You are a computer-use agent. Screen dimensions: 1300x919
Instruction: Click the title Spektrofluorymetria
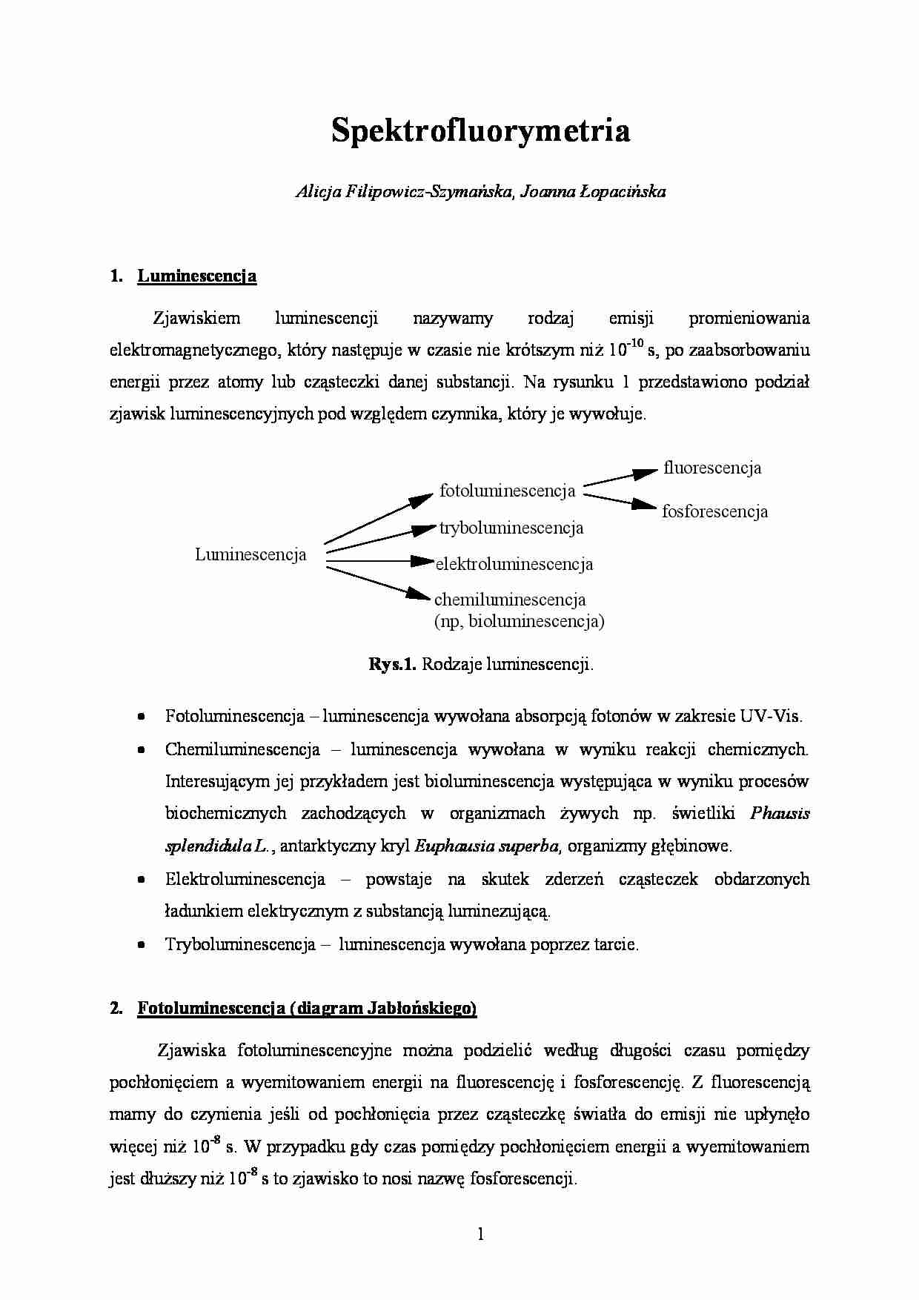[480, 130]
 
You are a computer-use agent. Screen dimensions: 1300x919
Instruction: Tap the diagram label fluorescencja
[712, 468]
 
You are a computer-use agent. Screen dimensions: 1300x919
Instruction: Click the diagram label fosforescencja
[714, 511]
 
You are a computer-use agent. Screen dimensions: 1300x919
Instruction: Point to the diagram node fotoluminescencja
[507, 491]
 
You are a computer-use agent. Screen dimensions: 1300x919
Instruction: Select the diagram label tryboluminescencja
[511, 528]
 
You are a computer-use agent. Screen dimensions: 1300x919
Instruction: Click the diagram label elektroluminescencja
[514, 564]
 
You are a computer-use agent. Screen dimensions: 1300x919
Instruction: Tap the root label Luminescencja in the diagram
[251, 554]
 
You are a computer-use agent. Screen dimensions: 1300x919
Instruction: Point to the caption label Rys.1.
[393, 664]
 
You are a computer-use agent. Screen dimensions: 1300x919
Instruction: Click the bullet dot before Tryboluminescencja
[141, 945]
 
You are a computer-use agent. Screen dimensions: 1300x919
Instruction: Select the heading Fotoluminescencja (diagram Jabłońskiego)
[307, 1008]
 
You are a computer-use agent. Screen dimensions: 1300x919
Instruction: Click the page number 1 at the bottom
[480, 1234]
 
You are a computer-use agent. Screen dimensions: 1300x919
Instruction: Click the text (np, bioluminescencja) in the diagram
[519, 621]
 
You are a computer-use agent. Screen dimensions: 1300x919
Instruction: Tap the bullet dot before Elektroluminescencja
[141, 880]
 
